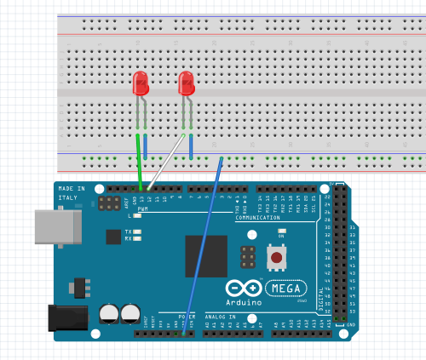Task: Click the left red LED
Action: (x=141, y=83)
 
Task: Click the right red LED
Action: (x=187, y=83)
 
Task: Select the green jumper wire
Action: (x=139, y=162)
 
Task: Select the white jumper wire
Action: (x=164, y=162)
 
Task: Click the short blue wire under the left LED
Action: (x=145, y=146)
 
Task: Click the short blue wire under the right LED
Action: (x=190, y=146)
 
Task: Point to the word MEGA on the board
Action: (x=286, y=287)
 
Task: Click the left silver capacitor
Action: (x=110, y=314)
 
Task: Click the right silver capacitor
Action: (x=130, y=314)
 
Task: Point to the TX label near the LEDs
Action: (x=128, y=231)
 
